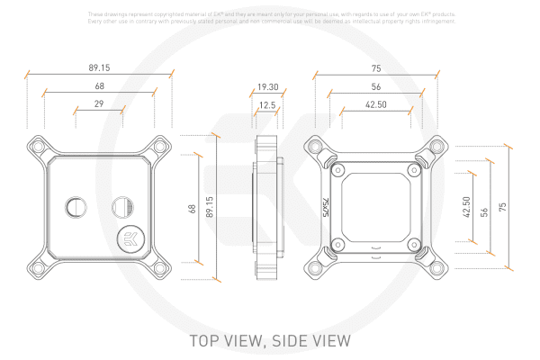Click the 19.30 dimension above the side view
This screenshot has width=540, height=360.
[267, 87]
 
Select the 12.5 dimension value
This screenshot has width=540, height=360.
[267, 105]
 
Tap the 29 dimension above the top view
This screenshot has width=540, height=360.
[98, 105]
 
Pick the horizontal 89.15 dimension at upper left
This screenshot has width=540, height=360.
[100, 67]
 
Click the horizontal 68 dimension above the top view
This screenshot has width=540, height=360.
[99, 87]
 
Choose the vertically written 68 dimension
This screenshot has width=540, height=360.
[192, 208]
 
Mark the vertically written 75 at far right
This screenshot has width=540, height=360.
[503, 207]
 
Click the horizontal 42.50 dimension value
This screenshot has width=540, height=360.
[376, 105]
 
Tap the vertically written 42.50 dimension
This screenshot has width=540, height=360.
[465, 208]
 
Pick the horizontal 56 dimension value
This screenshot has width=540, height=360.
[375, 87]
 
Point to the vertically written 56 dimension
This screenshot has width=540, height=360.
[484, 208]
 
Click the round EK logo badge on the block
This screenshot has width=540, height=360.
[130, 238]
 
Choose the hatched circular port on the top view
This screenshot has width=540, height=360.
[122, 208]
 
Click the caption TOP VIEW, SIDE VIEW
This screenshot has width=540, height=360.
[269, 341]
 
